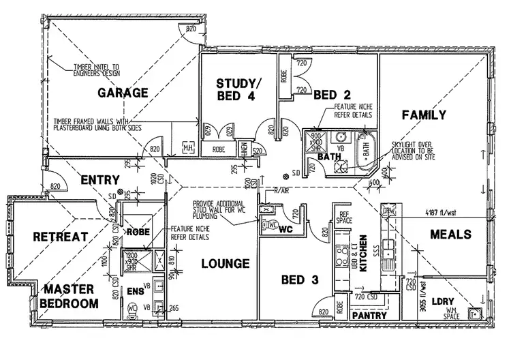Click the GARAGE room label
(x=123, y=93)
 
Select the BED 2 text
(x=332, y=95)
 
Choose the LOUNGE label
(x=225, y=263)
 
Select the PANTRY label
(x=369, y=316)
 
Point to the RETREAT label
(x=61, y=237)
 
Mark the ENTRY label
(x=99, y=179)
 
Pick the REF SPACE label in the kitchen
(x=344, y=218)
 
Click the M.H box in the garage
(x=188, y=149)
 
